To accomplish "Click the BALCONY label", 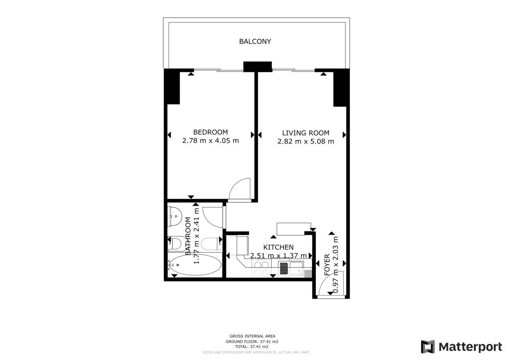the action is point(255,42).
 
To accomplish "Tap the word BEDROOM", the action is point(210,132).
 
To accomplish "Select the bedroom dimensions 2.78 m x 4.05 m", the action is point(210,141).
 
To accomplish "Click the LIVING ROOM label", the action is point(306,133).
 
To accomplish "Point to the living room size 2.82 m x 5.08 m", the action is point(306,142).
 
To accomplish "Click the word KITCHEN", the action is point(278,247).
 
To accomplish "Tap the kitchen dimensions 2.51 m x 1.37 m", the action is point(278,256).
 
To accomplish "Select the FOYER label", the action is point(327,265).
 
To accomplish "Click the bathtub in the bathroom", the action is point(195,265).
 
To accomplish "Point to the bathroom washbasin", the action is point(174,216).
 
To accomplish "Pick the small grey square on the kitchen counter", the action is point(308,274).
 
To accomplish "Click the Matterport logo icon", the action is point(428,347).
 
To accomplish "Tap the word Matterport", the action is point(470,347).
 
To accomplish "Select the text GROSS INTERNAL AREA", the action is point(252,336).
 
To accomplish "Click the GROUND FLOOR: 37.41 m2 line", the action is point(252,342).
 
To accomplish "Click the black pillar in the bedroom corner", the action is point(172,87).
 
